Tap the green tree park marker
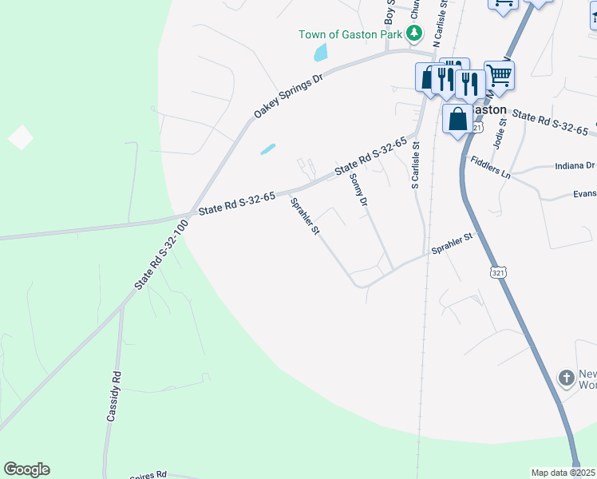(413, 34)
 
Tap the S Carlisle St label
(414, 165)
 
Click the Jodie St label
(503, 129)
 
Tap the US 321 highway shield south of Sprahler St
(498, 273)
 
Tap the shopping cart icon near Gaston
(499, 76)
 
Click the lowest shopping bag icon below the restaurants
(458, 119)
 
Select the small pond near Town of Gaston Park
(321, 53)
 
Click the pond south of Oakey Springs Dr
(267, 149)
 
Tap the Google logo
(26, 469)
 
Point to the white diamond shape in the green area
(21, 137)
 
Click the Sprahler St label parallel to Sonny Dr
(305, 216)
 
